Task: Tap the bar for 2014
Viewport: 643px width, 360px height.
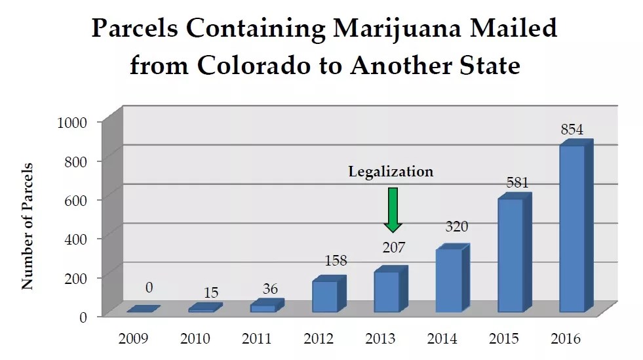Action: pyautogui.click(x=448, y=280)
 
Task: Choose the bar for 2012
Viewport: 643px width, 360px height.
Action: pyautogui.click(x=325, y=296)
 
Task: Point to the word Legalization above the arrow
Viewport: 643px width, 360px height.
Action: pyautogui.click(x=391, y=172)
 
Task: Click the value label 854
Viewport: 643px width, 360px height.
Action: pyautogui.click(x=572, y=129)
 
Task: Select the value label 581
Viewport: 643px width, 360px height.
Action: pyautogui.click(x=516, y=182)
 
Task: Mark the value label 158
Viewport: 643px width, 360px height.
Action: pyautogui.click(x=335, y=260)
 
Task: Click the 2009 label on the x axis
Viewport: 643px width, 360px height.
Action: pyautogui.click(x=133, y=339)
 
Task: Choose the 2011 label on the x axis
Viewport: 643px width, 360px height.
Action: pyautogui.click(x=256, y=339)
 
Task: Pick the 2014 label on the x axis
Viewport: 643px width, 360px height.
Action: pyautogui.click(x=442, y=339)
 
